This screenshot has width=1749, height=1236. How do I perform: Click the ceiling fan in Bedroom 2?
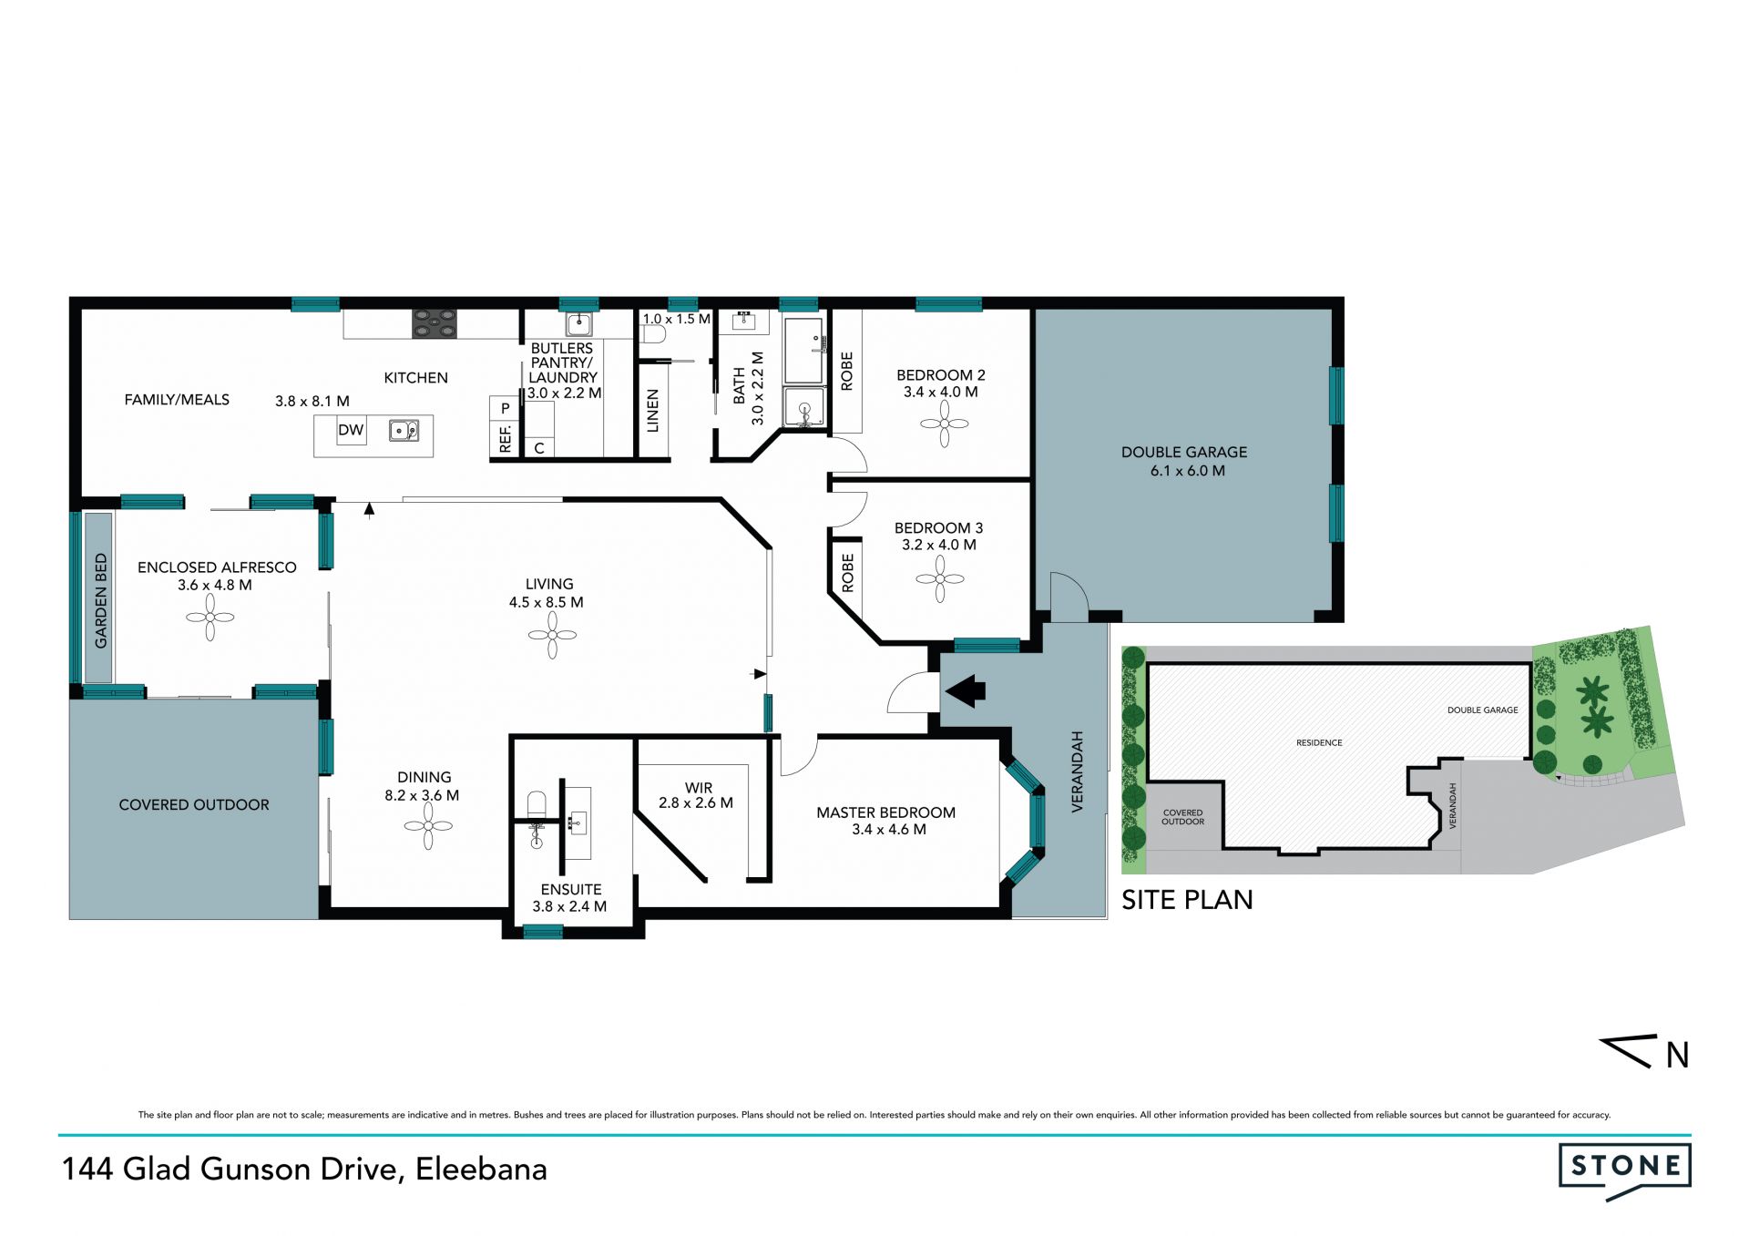point(944,424)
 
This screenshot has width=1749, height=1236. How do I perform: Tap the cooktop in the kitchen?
point(435,323)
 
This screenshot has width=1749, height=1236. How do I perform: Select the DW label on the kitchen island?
point(351,430)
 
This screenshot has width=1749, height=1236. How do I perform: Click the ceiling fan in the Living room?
point(552,635)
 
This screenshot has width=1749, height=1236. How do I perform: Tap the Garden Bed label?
point(100,600)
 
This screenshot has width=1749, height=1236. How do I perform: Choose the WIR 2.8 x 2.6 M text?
point(697,795)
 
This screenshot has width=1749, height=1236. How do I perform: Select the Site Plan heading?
point(1187,900)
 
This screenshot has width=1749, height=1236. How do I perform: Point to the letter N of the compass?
point(1677,1055)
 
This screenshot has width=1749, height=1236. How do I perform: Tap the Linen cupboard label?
point(652,411)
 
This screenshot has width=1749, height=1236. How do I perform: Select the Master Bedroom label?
point(885,812)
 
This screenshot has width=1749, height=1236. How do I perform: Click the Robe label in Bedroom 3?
point(848,573)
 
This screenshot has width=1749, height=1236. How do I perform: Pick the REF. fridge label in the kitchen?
point(506,438)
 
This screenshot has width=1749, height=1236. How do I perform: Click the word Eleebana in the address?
point(481,1169)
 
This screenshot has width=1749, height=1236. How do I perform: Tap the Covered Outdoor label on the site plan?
point(1182,817)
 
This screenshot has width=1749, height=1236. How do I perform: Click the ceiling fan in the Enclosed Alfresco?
point(210,618)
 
